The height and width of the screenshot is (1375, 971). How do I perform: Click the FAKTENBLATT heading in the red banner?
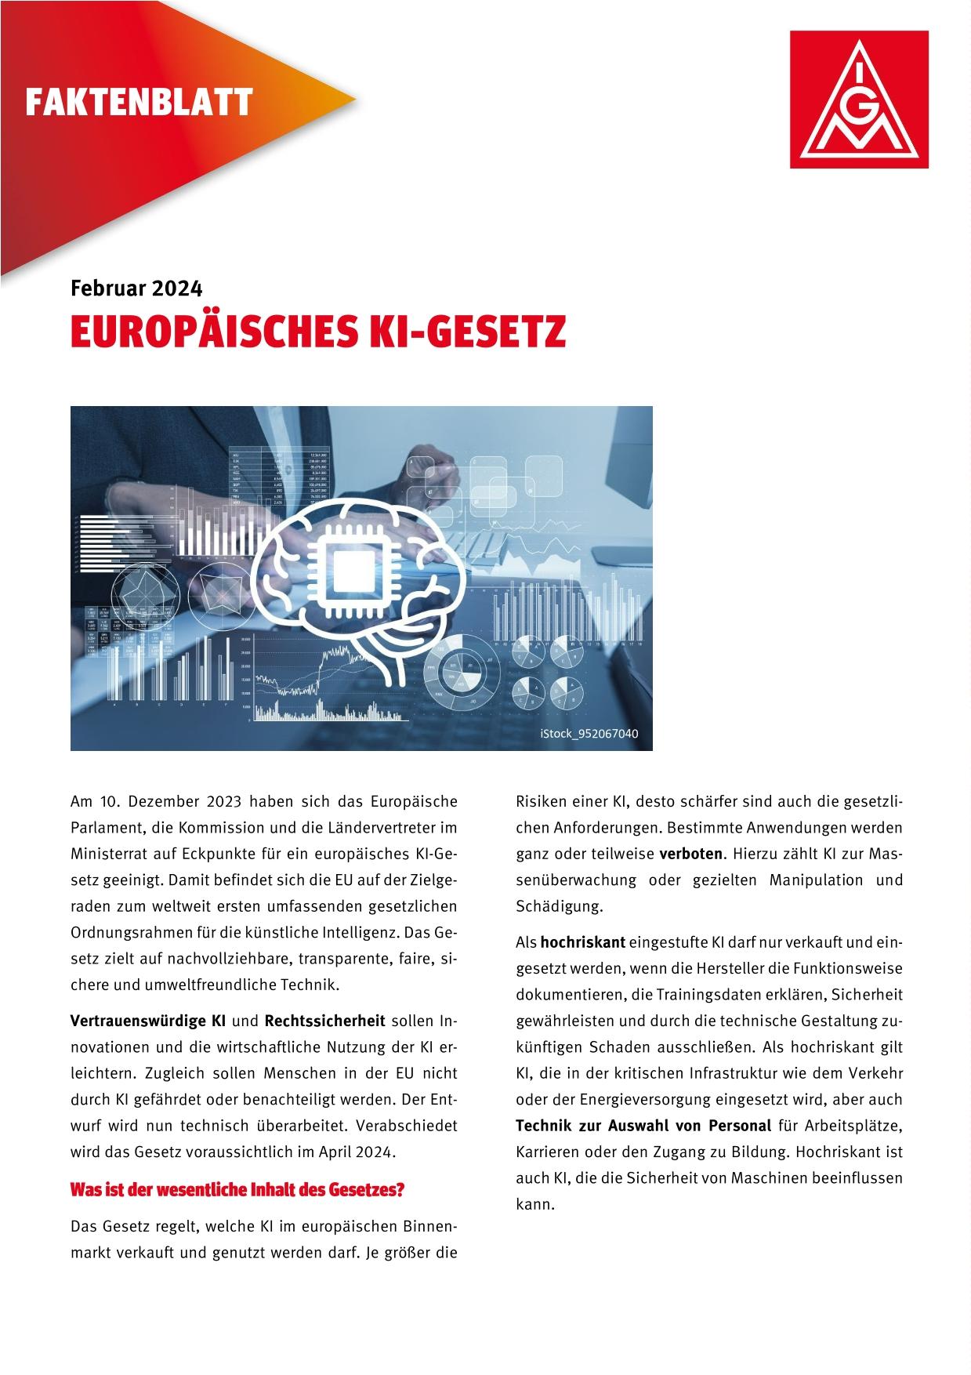(x=139, y=103)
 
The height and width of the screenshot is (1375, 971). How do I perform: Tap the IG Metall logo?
(x=860, y=100)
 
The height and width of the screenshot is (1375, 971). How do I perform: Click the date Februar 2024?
(x=136, y=288)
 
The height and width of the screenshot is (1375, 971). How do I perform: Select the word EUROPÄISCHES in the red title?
(x=213, y=332)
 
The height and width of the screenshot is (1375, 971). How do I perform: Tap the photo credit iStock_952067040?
(x=589, y=734)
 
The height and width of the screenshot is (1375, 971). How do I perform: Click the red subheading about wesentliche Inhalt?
(x=237, y=1189)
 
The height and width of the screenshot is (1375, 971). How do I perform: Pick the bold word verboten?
(x=690, y=854)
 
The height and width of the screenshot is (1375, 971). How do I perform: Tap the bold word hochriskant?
(x=582, y=941)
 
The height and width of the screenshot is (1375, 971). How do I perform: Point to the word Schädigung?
(x=559, y=906)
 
